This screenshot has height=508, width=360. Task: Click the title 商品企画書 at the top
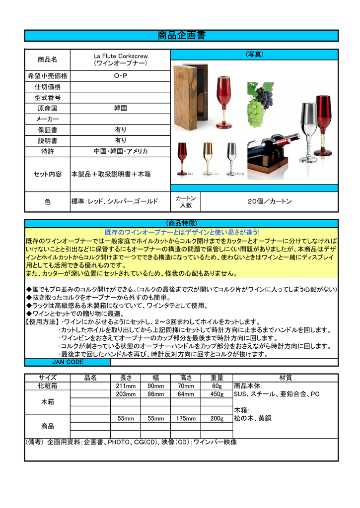tap(181, 36)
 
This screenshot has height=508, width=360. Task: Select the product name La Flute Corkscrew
tap(121, 56)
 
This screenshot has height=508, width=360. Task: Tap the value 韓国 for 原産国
tap(121, 108)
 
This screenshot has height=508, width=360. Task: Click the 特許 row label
tap(48, 151)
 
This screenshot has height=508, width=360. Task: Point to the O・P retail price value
tap(121, 76)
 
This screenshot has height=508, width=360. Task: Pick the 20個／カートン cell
tap(270, 201)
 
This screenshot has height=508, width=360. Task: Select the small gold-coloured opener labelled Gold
tap(208, 158)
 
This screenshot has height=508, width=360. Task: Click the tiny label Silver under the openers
tap(240, 174)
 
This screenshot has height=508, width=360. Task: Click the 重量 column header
tap(217, 378)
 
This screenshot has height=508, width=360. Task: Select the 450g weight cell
tap(217, 394)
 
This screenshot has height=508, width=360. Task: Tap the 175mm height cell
tap(185, 418)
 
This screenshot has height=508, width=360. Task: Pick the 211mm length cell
tap(126, 386)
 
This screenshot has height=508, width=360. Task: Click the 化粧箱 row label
tap(48, 386)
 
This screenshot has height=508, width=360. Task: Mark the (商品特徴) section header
tap(181, 223)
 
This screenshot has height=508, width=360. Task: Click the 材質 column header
tap(286, 378)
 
